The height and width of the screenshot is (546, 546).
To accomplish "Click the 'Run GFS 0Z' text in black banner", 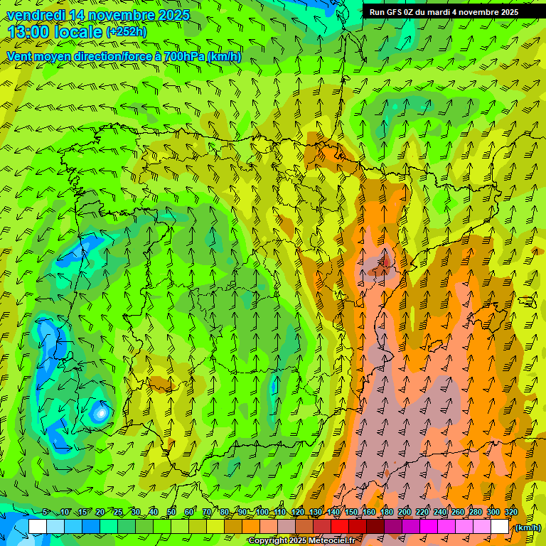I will point(395,12).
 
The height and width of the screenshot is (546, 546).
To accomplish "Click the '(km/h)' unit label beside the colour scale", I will point(528,528).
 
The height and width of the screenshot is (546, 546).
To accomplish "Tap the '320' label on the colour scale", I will point(510,513).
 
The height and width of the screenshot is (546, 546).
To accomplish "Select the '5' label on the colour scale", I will point(45,513).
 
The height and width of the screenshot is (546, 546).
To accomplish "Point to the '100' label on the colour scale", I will point(262,513).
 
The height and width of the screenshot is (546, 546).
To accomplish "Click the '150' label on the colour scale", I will point(351,513).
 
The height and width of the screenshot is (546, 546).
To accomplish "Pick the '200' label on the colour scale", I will point(405,513).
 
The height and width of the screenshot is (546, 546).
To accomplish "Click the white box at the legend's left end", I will point(37,527).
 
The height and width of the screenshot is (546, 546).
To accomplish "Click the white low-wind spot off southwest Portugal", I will point(101,412).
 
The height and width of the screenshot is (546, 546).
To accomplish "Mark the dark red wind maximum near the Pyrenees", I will point(385,266).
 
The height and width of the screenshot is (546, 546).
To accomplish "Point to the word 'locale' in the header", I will point(77,32).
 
